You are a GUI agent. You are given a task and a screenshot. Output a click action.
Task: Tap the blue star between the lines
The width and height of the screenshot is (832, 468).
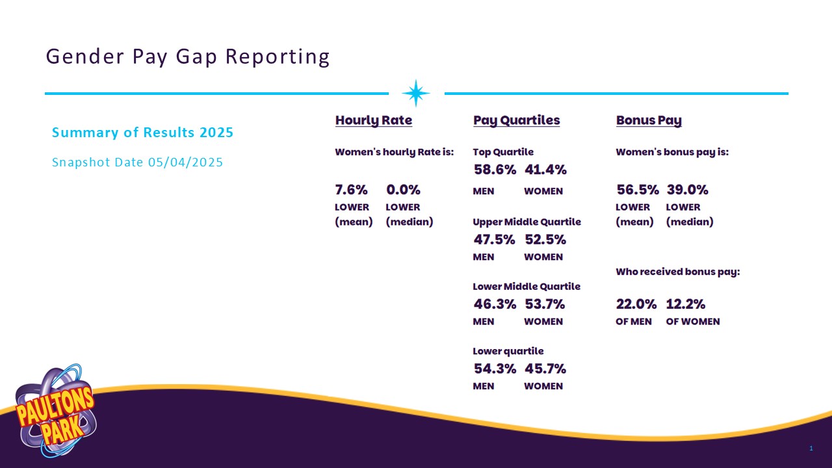pos(416,94)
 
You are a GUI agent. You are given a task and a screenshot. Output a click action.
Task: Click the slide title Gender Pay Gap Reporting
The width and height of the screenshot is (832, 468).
pos(188,57)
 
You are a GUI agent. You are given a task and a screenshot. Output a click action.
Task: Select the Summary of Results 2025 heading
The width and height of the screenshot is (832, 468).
pos(142,133)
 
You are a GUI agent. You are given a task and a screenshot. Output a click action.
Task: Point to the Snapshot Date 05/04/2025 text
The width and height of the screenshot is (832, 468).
pos(137,162)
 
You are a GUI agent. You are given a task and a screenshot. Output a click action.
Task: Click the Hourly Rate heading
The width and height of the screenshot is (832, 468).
pos(373,120)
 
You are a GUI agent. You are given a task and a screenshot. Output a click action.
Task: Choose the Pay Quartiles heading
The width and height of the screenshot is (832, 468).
pos(516,120)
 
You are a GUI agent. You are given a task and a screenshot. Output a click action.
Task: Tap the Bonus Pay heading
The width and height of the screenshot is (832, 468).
pos(648,120)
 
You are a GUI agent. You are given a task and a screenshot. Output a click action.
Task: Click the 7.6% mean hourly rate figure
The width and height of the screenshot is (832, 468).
pos(351,190)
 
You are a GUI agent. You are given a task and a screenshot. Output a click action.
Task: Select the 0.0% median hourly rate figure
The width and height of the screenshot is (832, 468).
pos(403,190)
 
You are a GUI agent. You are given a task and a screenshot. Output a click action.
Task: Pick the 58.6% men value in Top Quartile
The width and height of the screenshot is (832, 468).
pos(495,170)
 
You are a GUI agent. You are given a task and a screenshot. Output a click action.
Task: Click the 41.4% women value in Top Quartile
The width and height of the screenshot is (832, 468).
pos(545,170)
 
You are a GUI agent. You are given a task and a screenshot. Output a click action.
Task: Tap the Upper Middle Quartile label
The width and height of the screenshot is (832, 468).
pos(526,222)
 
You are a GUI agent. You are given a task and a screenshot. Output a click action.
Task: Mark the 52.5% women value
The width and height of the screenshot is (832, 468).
pos(545,239)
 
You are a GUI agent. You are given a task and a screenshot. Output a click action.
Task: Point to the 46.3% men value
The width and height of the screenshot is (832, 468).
pos(495,304)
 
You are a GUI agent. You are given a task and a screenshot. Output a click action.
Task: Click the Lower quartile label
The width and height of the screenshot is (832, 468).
pos(508,351)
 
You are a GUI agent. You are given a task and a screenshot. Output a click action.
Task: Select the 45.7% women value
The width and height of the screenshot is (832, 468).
pos(545,369)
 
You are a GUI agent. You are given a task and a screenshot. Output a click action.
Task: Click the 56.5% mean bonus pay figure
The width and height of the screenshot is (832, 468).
pos(637,190)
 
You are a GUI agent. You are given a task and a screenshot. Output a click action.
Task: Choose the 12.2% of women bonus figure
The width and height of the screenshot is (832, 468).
pos(686,304)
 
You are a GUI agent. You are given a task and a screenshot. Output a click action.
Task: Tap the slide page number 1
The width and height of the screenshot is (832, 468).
pos(811,448)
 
